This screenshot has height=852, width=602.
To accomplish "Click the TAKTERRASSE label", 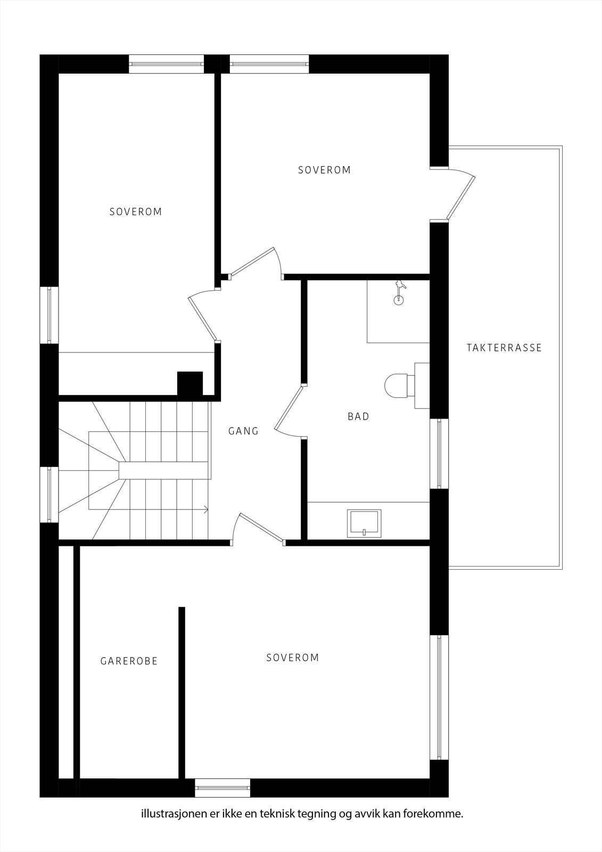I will point(504,348).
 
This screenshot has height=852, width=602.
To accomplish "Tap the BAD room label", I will point(358,416).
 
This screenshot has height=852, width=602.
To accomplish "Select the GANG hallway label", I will point(243,431).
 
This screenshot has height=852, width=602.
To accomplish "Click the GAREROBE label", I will point(129,661).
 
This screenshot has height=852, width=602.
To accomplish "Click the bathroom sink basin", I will point(364,522).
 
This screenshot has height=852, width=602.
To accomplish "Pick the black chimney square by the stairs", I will point(189,383).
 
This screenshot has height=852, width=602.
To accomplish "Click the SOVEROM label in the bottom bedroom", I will point(292,658).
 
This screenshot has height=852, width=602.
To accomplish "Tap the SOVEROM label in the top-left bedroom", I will point(135,211).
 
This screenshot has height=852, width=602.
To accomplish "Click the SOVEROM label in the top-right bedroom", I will point(324,170).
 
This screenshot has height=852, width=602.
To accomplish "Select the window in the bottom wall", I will point(222,787).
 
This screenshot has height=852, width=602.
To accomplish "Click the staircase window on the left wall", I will point(49,495).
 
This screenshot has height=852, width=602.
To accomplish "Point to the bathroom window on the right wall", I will point(439,454).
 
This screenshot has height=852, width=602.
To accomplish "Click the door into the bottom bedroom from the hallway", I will point(260,528).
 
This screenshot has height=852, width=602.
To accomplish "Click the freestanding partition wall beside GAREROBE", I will point(182,692).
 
